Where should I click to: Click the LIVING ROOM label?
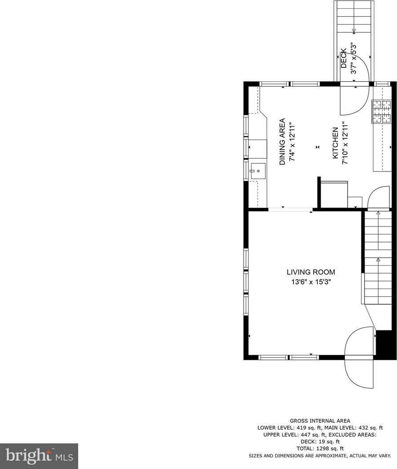[311, 272]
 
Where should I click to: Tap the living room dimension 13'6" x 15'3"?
[311, 282]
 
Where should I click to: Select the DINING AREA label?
[282, 142]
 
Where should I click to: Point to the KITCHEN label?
[335, 143]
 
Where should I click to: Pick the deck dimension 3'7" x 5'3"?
[353, 58]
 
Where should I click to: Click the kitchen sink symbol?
[258, 171]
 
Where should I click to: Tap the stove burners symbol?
[381, 111]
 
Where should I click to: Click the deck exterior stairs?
[354, 27]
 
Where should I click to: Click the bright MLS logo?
[39, 456]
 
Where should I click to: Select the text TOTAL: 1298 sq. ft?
[320, 449]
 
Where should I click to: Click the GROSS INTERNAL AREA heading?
[320, 421]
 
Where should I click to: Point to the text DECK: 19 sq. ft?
[320, 441]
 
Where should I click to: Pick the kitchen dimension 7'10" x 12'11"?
[345, 143]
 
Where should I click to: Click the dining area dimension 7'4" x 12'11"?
[292, 142]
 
